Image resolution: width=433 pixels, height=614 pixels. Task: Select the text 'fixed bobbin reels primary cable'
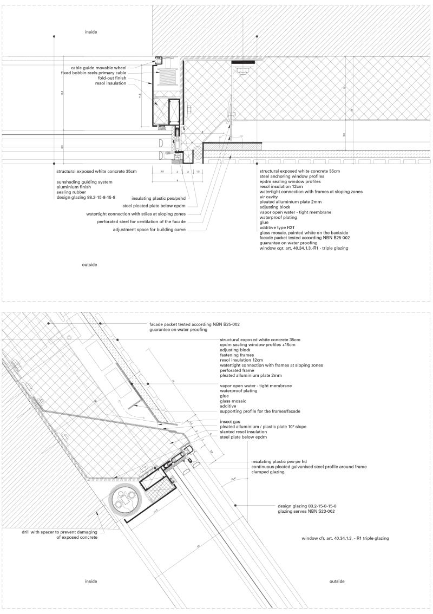point(93,73)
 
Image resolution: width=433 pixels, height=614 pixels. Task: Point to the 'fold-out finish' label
point(112,78)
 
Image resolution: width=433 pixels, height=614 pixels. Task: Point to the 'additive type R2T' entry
point(279,227)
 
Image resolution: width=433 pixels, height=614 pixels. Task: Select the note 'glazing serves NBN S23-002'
point(307,511)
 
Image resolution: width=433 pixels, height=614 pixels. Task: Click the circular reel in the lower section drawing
point(126,499)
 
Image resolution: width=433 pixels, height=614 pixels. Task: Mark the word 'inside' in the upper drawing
point(91,32)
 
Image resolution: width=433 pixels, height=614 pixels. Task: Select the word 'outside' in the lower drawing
point(337,581)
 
